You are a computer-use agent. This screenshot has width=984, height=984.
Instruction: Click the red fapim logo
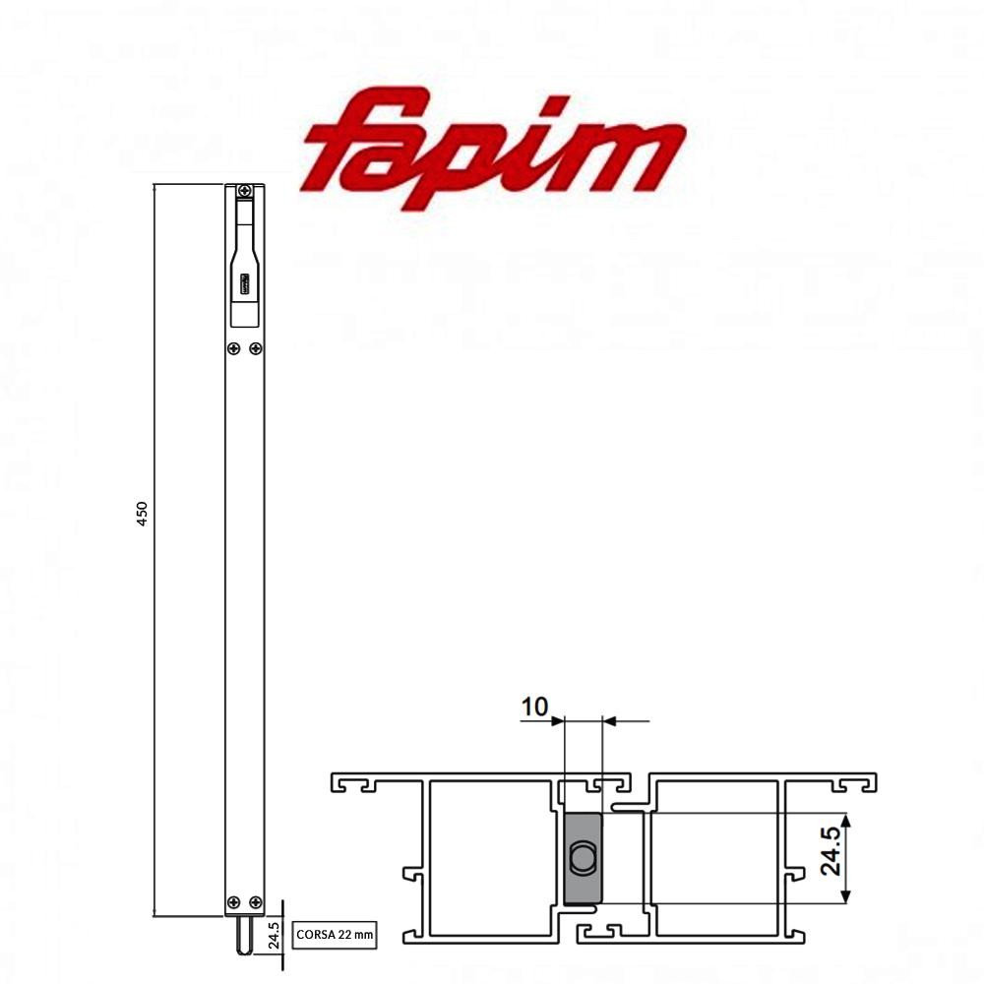coord(492,148)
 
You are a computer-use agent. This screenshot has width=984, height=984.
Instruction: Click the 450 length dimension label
coord(142,514)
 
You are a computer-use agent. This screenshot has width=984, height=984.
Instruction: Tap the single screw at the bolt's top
coord(244,191)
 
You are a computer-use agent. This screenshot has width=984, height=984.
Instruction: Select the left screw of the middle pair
coord(233,347)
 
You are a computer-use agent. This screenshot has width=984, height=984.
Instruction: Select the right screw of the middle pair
coord(256,347)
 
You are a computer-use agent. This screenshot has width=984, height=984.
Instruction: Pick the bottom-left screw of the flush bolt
coord(233,901)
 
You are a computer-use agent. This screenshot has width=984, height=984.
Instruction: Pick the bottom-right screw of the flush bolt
coord(256,901)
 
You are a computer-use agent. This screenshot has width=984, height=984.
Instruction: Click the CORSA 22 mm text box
coord(336,935)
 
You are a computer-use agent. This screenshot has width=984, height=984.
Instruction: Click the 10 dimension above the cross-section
coord(534,707)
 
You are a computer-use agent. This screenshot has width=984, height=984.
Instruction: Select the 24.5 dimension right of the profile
coord(831,851)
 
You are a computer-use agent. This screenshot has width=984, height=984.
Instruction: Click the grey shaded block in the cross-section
coord(583,858)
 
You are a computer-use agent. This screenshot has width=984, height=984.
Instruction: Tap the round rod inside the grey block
coord(584,858)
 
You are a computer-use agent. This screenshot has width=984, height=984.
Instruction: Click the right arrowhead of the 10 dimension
coord(608,722)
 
